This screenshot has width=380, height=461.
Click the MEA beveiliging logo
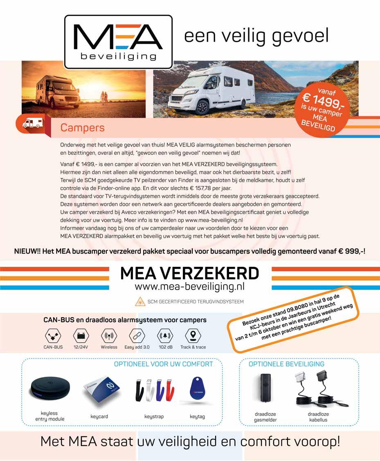(x=118, y=42)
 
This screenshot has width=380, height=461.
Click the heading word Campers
(x=82, y=128)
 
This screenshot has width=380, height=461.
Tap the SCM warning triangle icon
(x=140, y=302)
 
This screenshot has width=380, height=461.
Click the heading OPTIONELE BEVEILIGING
(x=286, y=364)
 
